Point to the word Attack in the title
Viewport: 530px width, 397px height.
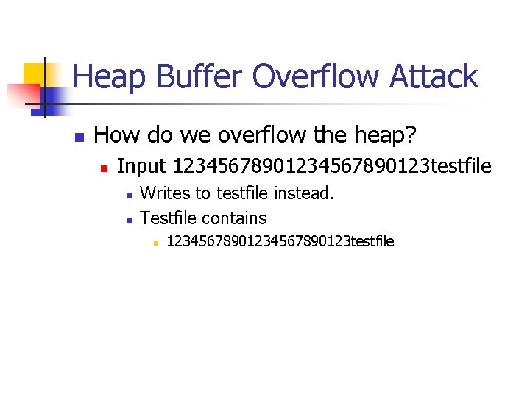tap(437, 76)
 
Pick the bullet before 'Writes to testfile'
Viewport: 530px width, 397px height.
tap(129, 196)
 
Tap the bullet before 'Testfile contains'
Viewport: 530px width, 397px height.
tap(129, 219)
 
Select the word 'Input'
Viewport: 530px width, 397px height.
tap(142, 167)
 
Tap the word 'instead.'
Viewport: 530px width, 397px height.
tap(304, 194)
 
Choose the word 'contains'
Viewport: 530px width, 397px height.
tap(234, 218)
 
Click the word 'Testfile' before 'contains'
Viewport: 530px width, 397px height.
tap(168, 218)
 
